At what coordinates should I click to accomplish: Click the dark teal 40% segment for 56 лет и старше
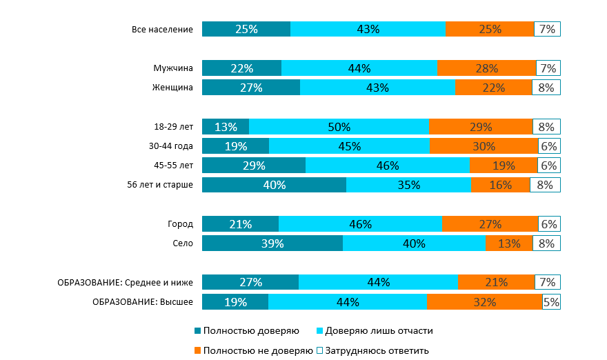pos(274,185)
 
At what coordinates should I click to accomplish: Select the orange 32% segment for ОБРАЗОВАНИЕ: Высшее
pos(484,302)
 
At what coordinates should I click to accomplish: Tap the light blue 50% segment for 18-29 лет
pos(339,127)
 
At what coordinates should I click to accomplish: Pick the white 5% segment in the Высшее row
pos(551,302)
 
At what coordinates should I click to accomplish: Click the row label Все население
pos(163,29)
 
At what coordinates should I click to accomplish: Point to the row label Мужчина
pos(173,68)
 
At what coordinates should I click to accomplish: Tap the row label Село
pos(183,243)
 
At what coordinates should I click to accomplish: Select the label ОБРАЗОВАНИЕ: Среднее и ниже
pos(125,282)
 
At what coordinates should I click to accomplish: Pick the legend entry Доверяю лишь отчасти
pos(374,331)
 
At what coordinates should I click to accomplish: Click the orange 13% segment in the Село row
pos(508,243)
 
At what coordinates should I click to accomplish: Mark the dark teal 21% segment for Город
pos(240,224)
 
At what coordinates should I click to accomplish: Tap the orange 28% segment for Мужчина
pos(486,68)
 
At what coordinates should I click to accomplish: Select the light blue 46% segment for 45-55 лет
pos(388,166)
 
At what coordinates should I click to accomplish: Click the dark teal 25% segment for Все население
pos(246,29)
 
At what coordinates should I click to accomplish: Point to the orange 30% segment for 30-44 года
pos(484,146)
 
